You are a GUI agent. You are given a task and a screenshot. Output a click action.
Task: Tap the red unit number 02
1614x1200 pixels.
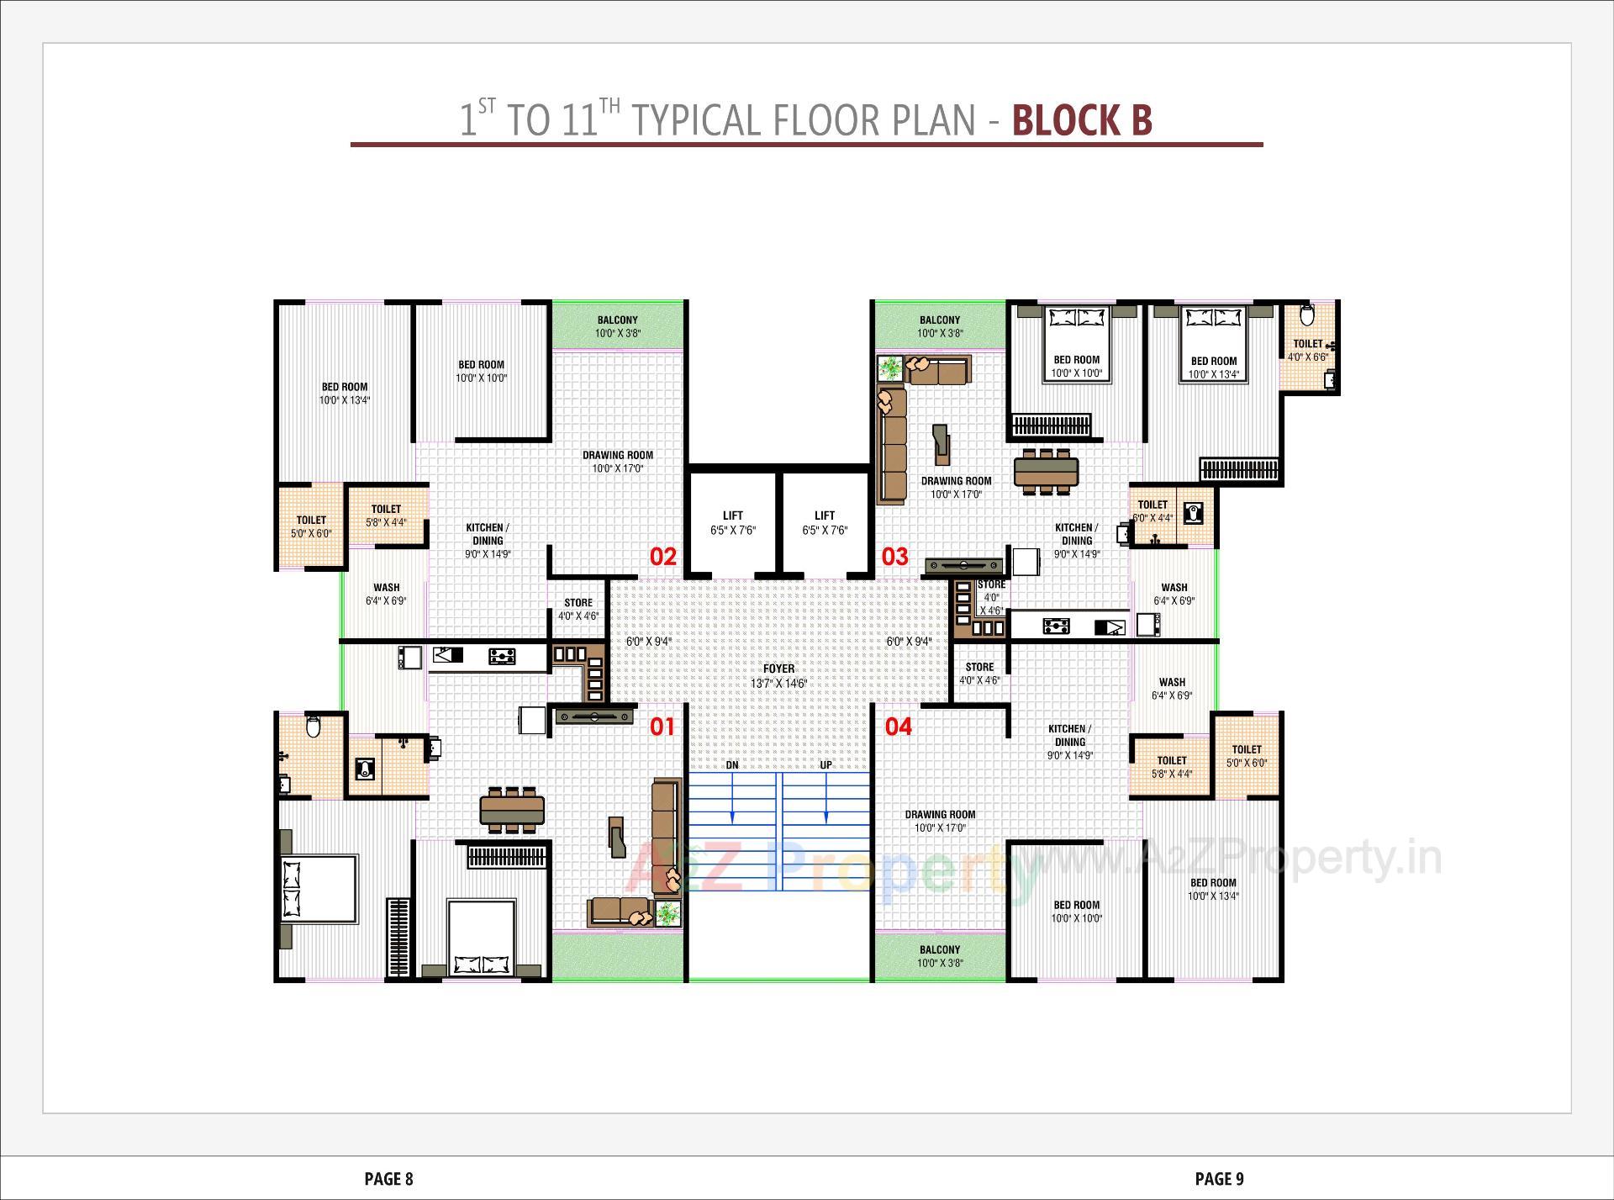[663, 556]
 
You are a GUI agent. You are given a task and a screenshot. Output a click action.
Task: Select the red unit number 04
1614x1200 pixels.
[898, 727]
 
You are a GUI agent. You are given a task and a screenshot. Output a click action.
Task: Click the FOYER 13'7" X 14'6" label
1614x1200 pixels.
[778, 676]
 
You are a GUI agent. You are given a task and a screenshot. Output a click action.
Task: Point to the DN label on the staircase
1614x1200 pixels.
[732, 765]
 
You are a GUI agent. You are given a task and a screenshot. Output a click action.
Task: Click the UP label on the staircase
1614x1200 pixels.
[825, 765]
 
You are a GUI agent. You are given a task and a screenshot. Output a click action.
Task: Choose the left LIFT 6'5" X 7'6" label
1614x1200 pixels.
[733, 522]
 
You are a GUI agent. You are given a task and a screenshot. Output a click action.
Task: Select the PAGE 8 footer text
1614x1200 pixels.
[388, 1179]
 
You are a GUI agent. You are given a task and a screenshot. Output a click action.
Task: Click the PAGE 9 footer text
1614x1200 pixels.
[1219, 1179]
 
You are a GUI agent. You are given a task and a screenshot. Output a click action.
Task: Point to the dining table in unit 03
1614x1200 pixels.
[1046, 471]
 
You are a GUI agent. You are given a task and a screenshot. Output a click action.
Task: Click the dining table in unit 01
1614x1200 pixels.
[512, 810]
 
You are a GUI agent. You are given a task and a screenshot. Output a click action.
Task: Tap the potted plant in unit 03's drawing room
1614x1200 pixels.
[889, 368]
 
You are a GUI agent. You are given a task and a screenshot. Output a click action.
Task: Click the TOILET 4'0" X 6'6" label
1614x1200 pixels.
[1308, 350]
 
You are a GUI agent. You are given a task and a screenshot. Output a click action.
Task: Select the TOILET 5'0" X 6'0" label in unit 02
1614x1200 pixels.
[311, 526]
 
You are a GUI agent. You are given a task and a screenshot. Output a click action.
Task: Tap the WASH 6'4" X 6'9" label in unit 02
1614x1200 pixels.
[386, 594]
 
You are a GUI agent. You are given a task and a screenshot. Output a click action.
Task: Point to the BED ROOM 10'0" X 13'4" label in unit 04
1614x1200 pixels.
[1212, 889]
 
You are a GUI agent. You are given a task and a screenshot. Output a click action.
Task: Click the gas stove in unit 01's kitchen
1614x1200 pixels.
[502, 656]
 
